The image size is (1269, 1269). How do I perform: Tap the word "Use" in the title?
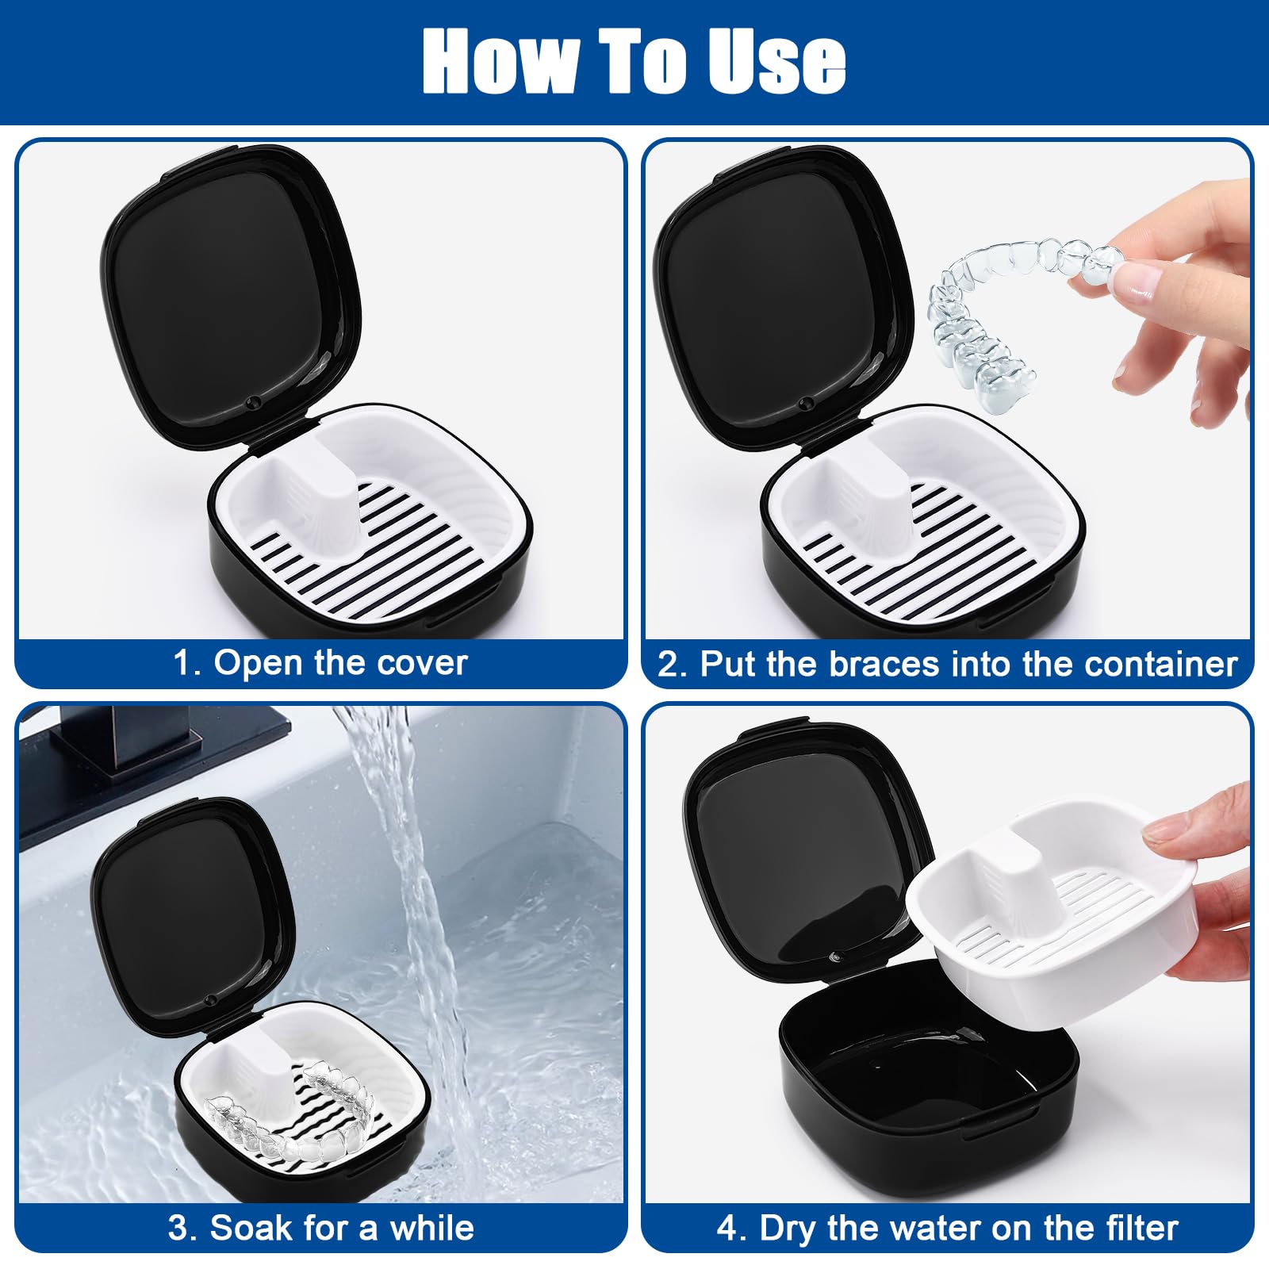tap(777, 62)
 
